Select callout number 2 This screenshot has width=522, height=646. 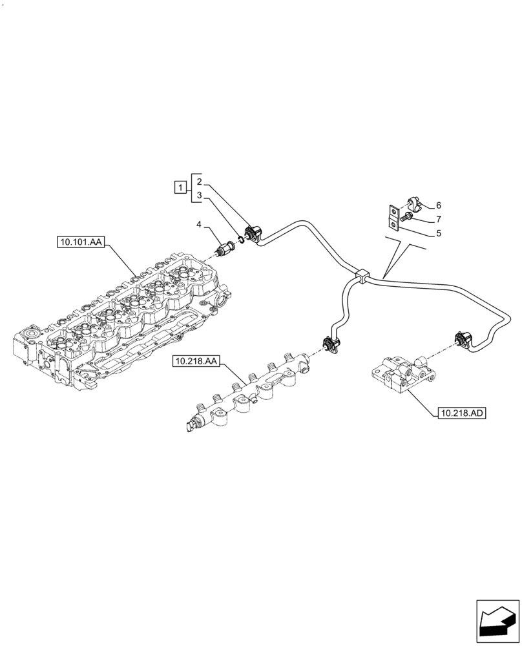[x=200, y=181]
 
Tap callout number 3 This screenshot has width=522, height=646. [x=200, y=194]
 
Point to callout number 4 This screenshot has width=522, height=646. [x=200, y=224]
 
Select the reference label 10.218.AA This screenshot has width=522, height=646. [x=195, y=362]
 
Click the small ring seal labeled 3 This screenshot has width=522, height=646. [x=241, y=239]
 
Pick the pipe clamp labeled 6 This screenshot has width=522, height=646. [x=413, y=205]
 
